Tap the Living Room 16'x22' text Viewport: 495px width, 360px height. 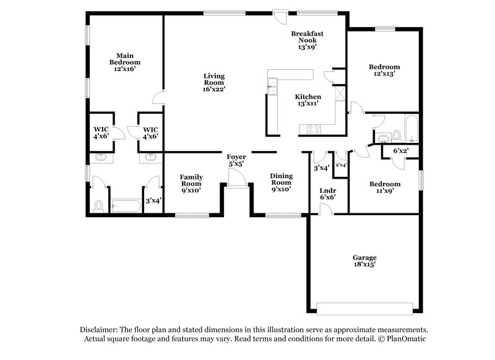click(x=214, y=82)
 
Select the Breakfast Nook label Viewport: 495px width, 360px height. click(x=308, y=40)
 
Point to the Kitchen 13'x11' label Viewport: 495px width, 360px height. click(x=308, y=100)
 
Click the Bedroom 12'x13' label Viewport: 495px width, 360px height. click(x=384, y=70)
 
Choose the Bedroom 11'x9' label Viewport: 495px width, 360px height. click(x=384, y=187)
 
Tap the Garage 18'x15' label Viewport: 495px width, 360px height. click(x=364, y=260)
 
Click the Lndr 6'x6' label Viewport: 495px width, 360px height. click(x=328, y=194)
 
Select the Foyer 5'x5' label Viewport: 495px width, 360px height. click(x=236, y=160)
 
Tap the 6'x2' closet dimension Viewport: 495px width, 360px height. click(x=402, y=150)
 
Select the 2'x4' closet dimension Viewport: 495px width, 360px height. click(x=341, y=165)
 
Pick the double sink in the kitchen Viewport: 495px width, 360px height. click(x=272, y=89)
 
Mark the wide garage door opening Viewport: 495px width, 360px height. click(x=364, y=306)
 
